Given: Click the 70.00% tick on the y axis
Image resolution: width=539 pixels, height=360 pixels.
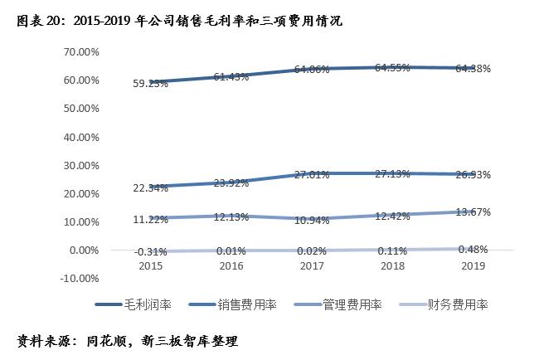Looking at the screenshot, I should click(x=80, y=51).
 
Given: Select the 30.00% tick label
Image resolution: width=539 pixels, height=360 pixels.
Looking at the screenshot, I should click(x=80, y=165).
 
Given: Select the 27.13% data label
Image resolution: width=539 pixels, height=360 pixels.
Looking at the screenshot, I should click(x=391, y=175).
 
